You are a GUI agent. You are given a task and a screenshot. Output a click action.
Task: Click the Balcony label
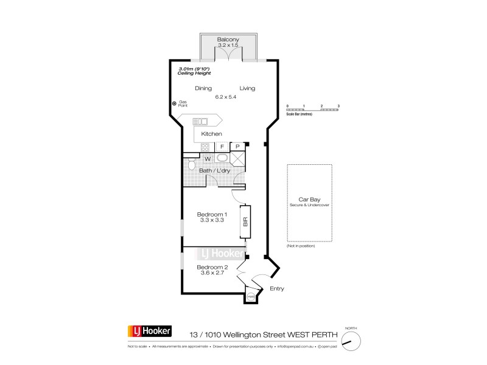pyautogui.click(x=228, y=40)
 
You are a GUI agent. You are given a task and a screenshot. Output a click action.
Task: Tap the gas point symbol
pyautogui.click(x=174, y=104)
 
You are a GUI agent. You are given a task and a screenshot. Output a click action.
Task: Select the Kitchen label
pyautogui.click(x=212, y=134)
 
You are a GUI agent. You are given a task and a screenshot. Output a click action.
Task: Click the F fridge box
pyautogui.click(x=222, y=147)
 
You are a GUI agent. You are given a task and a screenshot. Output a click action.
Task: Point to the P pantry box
pyautogui.click(x=237, y=147)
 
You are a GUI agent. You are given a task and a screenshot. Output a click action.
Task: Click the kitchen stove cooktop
pyautogui.click(x=205, y=147)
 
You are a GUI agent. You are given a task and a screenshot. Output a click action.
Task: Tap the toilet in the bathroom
pyautogui.click(x=191, y=164)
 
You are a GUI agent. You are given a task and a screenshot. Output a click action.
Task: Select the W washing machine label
pyautogui.click(x=207, y=159)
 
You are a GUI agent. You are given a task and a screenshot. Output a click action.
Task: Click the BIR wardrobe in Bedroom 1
pyautogui.click(x=247, y=223)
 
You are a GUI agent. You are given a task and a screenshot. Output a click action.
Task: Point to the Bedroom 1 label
pyautogui.click(x=212, y=214)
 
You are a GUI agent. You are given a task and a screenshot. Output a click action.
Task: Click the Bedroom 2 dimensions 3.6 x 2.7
pyautogui.click(x=212, y=274)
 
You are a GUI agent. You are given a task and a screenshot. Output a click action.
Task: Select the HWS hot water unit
pyautogui.click(x=251, y=297)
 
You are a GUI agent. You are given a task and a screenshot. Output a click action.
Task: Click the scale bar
pyautogui.click(x=313, y=109)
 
